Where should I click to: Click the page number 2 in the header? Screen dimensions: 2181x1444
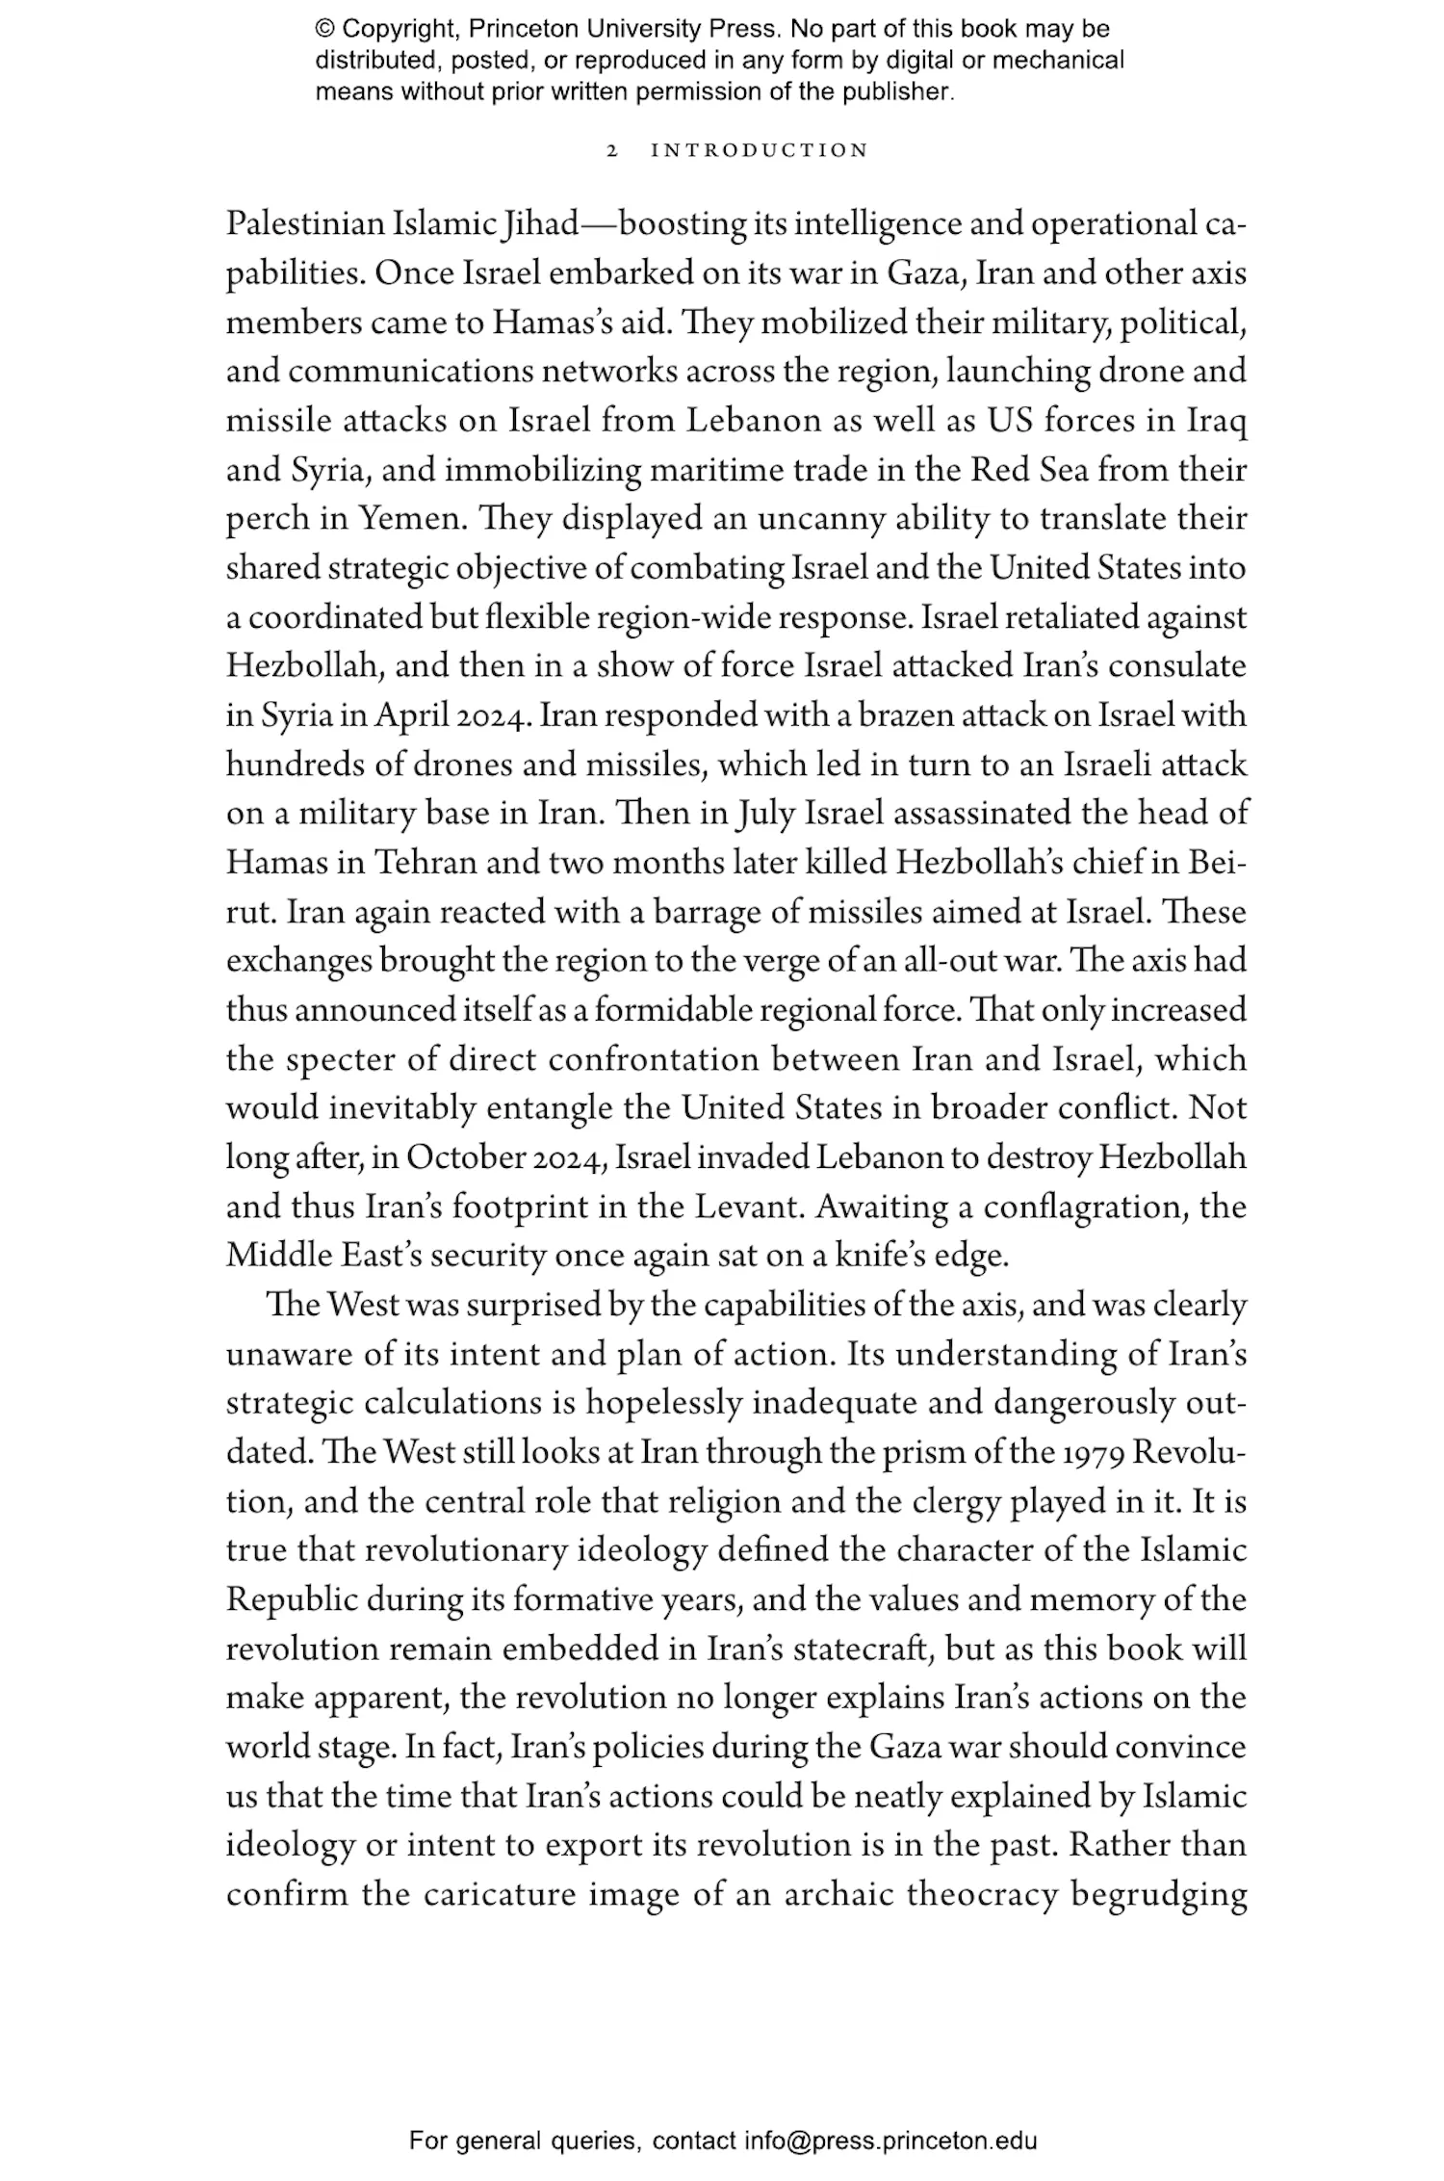point(611,151)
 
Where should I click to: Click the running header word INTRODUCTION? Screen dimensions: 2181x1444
point(760,151)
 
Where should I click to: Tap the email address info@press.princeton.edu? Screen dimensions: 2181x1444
point(890,2141)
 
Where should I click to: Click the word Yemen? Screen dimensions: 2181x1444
point(412,520)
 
